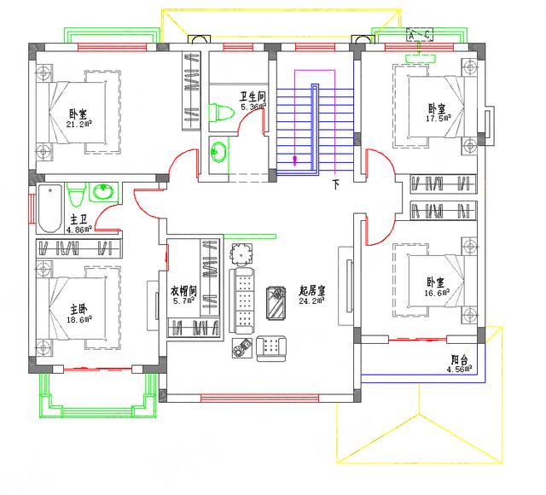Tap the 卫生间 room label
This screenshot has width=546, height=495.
[253, 96]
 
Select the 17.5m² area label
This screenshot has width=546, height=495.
[439, 119]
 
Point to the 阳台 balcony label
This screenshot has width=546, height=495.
[460, 359]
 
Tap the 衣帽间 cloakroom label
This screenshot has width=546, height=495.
[183, 290]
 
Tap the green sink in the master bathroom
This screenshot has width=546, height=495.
[105, 190]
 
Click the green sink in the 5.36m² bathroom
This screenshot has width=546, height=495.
[218, 150]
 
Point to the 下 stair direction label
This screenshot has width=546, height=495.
[336, 183]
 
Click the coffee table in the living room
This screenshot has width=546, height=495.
[277, 302]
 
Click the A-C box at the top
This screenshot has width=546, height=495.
[419, 36]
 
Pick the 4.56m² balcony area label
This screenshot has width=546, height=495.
[459, 370]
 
